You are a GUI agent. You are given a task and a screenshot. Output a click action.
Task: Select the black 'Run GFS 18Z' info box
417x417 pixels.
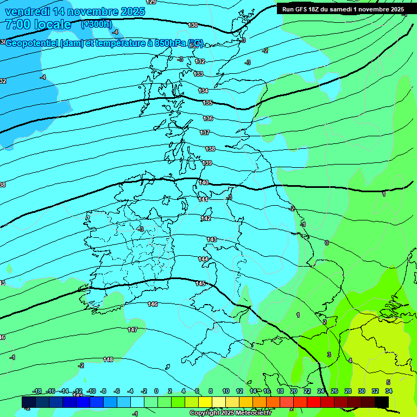coord(343,9)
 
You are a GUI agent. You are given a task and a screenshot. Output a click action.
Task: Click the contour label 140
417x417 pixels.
coord(204,183)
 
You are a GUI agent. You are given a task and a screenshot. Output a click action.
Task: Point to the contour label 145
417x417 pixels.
coord(200,283)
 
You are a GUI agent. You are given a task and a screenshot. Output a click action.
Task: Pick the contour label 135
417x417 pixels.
coord(207,103)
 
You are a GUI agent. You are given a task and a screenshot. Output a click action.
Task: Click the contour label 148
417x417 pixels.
coord(108,359)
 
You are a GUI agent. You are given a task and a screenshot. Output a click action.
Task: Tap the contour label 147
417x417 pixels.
coord(132,330)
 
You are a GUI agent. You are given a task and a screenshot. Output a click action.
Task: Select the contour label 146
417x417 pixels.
coord(153,304)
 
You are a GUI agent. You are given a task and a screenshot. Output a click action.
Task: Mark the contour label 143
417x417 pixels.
coord(212,239)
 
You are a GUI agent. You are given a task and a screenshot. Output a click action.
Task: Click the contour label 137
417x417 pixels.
coord(205,132)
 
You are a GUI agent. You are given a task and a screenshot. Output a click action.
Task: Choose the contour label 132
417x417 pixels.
coord(200,62)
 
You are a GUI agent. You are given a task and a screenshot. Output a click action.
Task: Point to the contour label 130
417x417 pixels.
coord(193,25)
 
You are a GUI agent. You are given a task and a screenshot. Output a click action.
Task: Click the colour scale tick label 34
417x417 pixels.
coord(389,391)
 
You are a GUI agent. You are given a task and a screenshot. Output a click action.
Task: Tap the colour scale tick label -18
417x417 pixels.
coord(37,391)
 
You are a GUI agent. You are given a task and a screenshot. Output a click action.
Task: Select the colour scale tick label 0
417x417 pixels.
coord(156,391)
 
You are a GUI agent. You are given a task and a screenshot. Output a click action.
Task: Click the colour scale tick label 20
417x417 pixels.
coord(293,391)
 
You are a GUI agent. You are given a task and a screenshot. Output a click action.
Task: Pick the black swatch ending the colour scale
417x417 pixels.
coord(382,402)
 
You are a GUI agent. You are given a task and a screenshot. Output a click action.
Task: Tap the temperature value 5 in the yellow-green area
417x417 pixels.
coord(388,382)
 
